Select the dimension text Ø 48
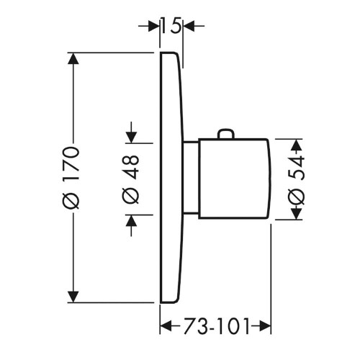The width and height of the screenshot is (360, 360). [131, 177]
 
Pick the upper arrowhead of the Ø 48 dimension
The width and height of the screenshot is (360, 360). [131, 135]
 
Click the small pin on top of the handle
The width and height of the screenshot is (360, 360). [226, 135]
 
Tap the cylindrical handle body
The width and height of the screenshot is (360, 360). [234, 177]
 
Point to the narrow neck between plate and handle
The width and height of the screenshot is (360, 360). [190, 177]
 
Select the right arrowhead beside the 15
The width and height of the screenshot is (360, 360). [189, 27]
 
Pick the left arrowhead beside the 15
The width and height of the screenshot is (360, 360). [153, 27]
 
